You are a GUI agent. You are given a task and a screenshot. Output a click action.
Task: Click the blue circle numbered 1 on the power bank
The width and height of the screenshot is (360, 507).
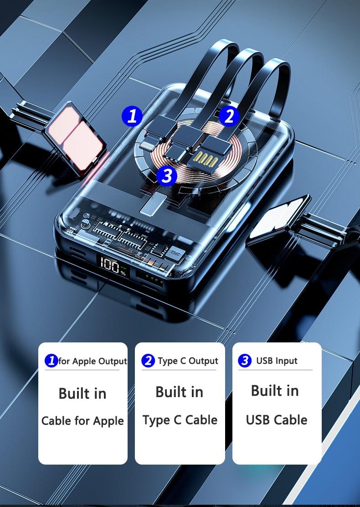tap(132, 116)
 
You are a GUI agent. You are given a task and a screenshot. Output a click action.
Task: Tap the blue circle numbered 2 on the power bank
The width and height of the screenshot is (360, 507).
tap(229, 116)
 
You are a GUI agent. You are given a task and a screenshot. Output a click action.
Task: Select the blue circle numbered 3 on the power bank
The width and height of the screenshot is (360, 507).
tap(167, 176)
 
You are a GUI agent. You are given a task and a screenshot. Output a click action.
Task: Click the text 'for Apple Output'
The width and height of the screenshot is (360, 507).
tap(93, 361)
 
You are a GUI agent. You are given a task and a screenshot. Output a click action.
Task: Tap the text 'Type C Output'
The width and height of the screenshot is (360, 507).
tap(188, 361)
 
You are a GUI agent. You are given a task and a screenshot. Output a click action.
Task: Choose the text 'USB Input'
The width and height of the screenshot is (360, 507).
tap(277, 361)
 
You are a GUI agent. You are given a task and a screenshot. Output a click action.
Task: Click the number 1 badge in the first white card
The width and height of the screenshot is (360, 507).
tap(51, 361)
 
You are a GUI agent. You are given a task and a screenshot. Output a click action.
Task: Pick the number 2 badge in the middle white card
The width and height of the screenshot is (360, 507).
tap(148, 361)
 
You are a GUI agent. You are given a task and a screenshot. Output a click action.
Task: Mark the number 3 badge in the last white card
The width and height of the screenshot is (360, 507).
tap(245, 361)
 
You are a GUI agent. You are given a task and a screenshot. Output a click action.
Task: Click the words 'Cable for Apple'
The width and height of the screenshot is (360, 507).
tap(82, 421)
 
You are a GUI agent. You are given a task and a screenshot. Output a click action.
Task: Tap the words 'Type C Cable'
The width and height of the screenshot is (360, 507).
tap(180, 420)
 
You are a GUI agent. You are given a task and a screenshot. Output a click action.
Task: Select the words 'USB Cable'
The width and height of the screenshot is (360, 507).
tap(277, 420)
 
